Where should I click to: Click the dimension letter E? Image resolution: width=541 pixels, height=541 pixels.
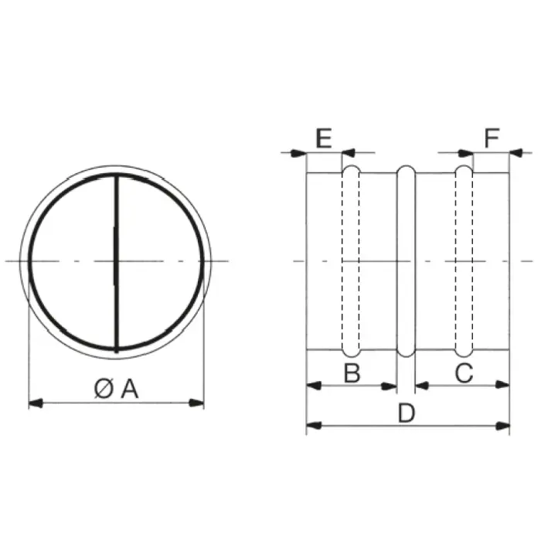point(324,138)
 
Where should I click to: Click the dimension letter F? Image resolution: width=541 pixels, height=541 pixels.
point(492,138)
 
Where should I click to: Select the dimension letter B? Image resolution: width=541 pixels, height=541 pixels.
point(352,373)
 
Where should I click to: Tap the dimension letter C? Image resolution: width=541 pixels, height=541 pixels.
point(464,373)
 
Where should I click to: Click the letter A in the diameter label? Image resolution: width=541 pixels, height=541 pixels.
point(130,389)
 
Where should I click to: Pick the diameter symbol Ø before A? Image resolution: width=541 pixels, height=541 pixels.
point(104,389)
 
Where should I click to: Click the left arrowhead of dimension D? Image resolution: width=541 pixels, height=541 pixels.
point(314,426)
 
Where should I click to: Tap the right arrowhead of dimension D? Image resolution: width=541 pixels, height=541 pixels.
point(502,426)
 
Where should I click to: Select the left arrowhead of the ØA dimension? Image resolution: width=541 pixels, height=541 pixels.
point(36,403)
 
